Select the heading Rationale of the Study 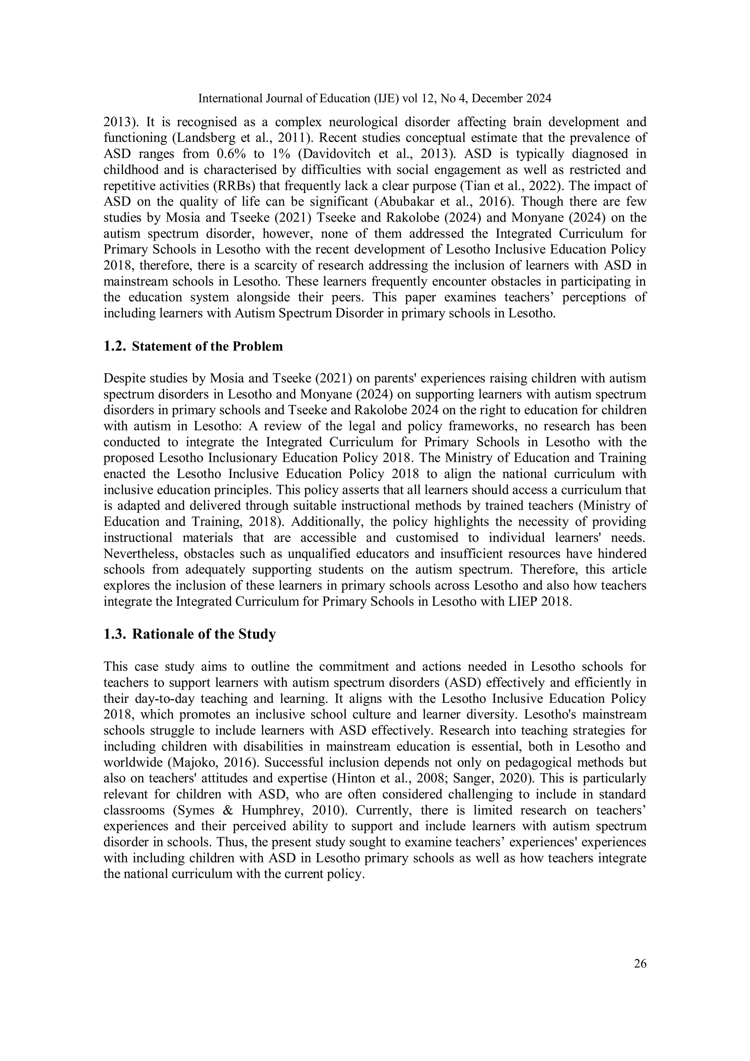coord(204,634)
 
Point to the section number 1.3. coord(115,634)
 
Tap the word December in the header coord(500,99)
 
